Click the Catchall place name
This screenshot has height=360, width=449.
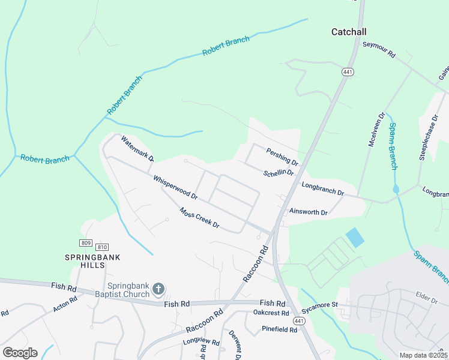point(349,32)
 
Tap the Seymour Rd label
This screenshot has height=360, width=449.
point(379,49)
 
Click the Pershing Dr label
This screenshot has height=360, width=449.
point(282,157)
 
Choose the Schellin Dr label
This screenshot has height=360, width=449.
point(279,173)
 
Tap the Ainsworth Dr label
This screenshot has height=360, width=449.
point(308,212)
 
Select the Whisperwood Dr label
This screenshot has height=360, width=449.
point(175,187)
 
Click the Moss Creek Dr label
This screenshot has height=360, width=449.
point(200,218)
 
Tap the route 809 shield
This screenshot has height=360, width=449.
point(85,242)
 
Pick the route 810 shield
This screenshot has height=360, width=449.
point(102,247)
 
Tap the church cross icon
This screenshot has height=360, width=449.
point(158,289)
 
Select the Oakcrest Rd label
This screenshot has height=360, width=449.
point(271,313)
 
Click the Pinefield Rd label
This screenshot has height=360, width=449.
point(279,329)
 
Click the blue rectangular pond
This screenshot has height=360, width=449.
point(355,238)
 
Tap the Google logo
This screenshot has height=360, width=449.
point(20,352)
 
